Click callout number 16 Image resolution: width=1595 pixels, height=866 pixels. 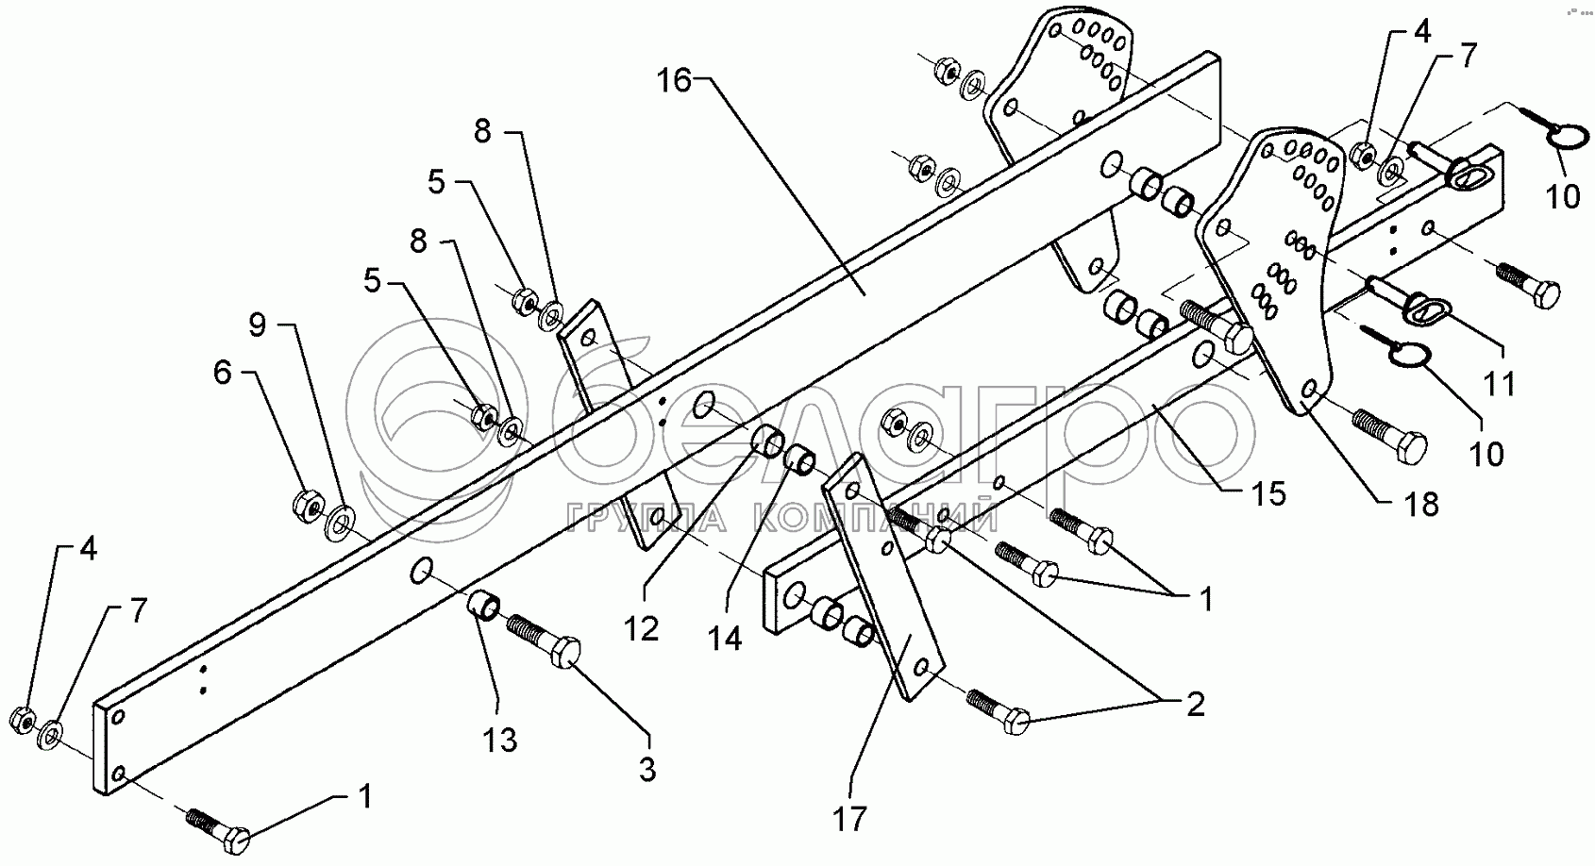(x=676, y=81)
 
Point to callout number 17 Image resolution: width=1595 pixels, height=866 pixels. (x=849, y=819)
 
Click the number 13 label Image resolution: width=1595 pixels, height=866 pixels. (x=500, y=741)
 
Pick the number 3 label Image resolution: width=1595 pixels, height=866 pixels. (x=646, y=770)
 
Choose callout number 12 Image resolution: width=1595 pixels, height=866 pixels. (x=642, y=628)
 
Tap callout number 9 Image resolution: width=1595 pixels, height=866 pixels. (x=258, y=325)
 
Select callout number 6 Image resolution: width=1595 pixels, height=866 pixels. (x=222, y=374)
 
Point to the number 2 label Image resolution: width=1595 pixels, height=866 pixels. (x=1195, y=704)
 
